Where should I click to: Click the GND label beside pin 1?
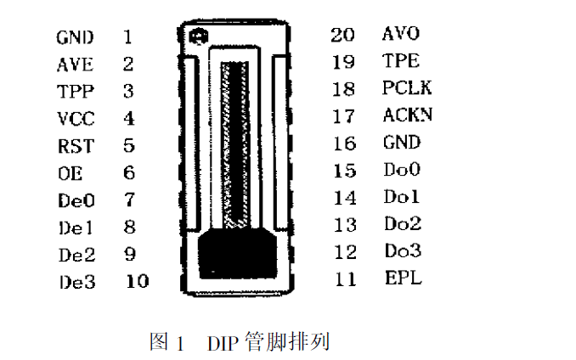[75, 37]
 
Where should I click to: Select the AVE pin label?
[76, 65]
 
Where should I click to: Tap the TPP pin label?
[76, 92]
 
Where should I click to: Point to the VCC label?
[76, 119]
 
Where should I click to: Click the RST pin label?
[76, 146]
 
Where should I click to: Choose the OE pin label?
[71, 173]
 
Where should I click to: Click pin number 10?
[138, 282]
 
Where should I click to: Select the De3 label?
[77, 282]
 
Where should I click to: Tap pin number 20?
[342, 35]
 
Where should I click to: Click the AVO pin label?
[401, 33]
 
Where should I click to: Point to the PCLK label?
[407, 87]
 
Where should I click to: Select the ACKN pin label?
[408, 115]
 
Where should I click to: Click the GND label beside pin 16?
[402, 142]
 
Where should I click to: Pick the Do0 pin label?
[402, 169]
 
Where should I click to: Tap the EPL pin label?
[404, 278]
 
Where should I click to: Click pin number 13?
[345, 225]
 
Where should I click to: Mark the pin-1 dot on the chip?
[198, 37]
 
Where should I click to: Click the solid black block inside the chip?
[237, 252]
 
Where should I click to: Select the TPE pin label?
[401, 60]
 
